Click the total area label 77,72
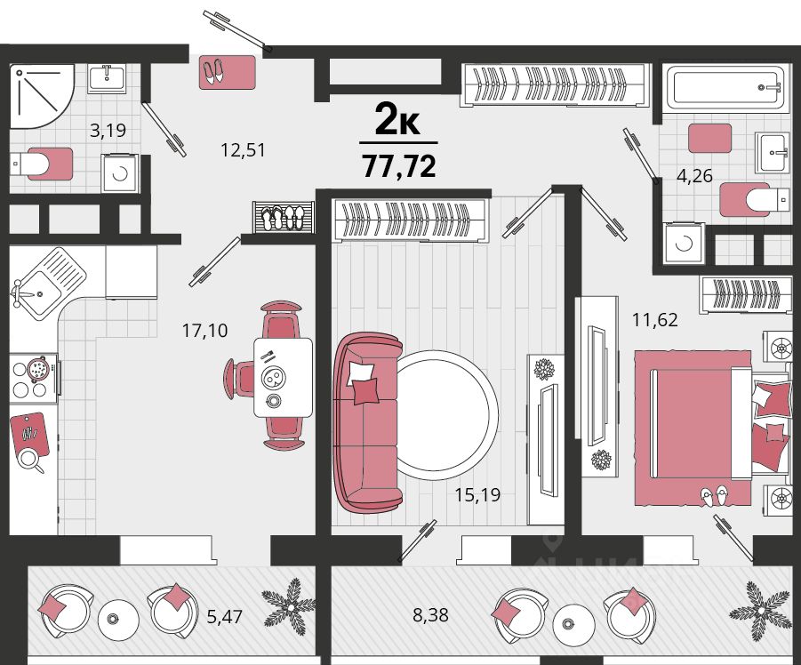point(399,165)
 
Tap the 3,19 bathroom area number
point(108,130)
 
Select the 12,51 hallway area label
point(243,150)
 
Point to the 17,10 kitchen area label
point(204,331)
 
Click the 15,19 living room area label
point(477,494)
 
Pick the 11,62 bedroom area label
point(655,320)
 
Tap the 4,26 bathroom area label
point(694,176)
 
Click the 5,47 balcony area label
point(224,616)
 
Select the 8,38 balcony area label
point(430,615)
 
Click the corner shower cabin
point(42,96)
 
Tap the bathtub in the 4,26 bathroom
point(725,87)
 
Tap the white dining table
point(283,378)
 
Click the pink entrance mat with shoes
point(228,72)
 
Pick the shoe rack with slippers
point(284,217)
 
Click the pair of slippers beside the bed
point(714,496)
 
